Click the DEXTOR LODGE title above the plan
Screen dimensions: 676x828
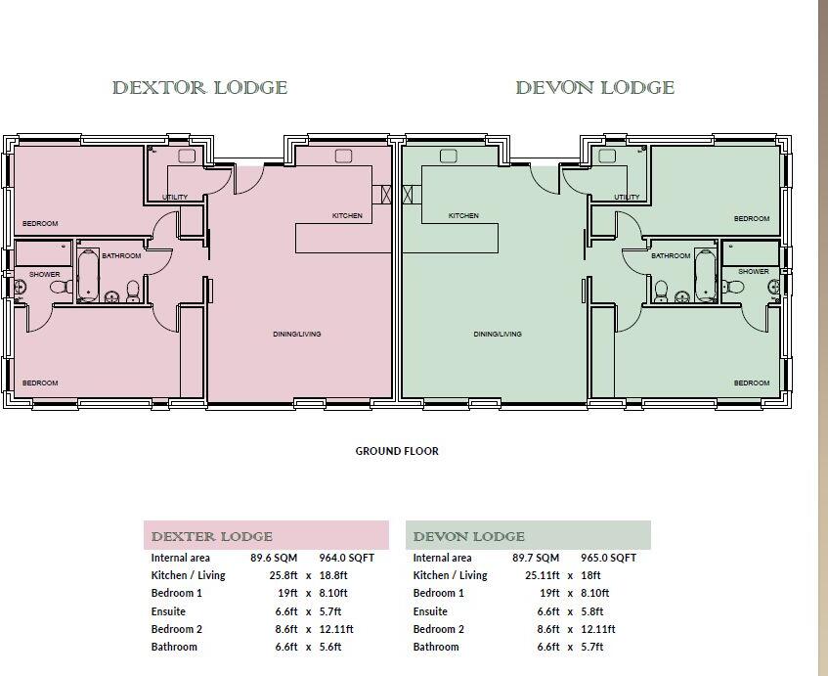[199, 88]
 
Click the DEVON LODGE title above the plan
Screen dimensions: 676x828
[594, 88]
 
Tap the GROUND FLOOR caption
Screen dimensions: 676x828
[396, 451]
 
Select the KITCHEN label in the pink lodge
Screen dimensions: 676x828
[347, 215]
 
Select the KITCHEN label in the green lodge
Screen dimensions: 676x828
[463, 215]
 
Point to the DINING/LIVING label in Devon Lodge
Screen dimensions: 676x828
[498, 334]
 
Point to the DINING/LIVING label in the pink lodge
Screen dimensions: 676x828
[297, 334]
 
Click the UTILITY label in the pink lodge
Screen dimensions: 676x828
[175, 198]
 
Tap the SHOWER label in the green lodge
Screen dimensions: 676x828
[753, 271]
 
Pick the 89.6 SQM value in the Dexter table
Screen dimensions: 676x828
[267, 558]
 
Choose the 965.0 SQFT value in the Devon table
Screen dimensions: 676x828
[608, 558]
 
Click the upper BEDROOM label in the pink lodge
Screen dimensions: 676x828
[40, 224]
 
